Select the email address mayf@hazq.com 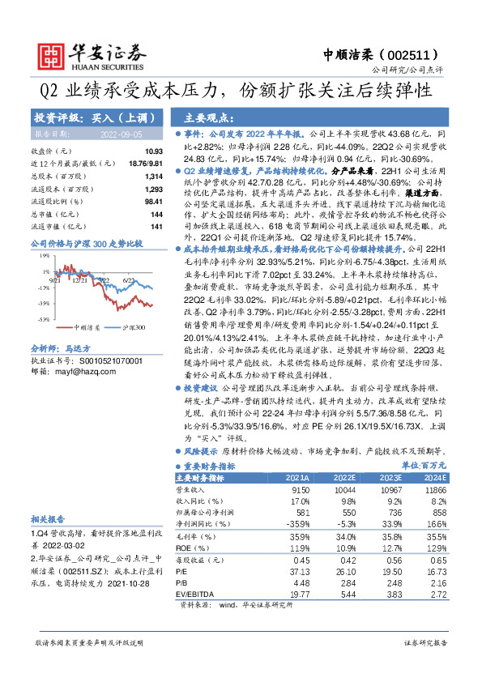[83, 370]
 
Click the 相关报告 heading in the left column [49, 519]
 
